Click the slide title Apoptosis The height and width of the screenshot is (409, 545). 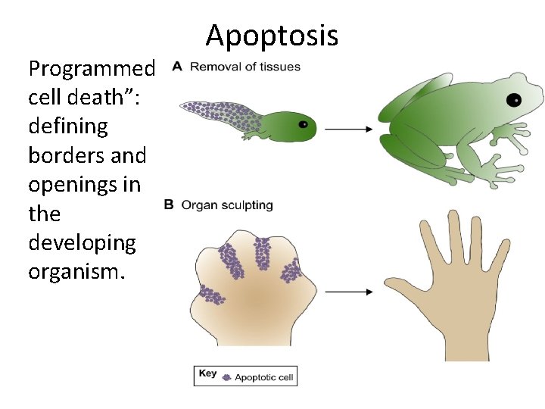[x=272, y=36]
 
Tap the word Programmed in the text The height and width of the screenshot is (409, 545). [x=92, y=70]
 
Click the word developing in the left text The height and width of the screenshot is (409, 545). [x=82, y=242]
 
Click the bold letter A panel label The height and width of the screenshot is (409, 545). [x=176, y=66]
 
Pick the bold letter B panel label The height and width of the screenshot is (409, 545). [x=168, y=204]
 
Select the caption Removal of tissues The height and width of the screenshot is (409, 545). [x=244, y=66]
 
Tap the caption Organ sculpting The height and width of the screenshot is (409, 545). [x=226, y=204]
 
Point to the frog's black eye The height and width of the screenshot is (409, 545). [x=515, y=99]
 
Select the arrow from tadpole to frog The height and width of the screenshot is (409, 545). [x=348, y=130]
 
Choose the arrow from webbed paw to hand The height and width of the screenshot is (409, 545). [x=348, y=292]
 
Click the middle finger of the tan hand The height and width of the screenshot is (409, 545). [x=454, y=235]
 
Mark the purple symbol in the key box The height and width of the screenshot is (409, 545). [x=226, y=376]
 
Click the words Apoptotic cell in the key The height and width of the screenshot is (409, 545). [x=263, y=376]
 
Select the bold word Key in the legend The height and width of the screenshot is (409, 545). [x=207, y=373]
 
